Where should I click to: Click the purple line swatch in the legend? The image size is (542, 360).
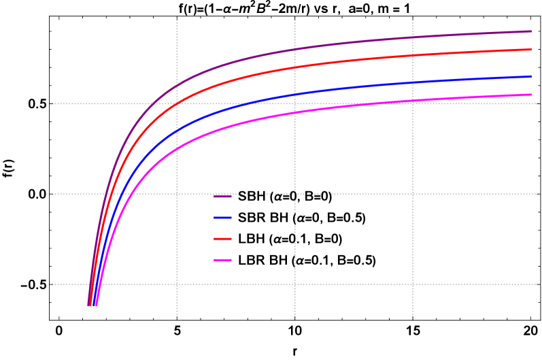(222, 197)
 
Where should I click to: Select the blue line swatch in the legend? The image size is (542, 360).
(222, 218)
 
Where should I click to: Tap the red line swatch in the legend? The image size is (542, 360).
(222, 239)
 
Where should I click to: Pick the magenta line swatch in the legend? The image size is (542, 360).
(222, 260)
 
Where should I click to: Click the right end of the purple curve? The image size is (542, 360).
(531, 31)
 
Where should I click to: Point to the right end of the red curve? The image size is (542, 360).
(531, 50)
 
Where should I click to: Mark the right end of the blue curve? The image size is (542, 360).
(531, 77)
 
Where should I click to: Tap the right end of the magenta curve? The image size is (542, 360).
(531, 95)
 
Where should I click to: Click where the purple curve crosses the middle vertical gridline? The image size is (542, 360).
(294, 50)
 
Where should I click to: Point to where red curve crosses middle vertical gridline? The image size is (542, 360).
(294, 67)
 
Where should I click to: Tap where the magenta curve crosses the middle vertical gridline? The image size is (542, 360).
(294, 112)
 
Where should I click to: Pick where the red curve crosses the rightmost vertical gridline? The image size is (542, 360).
(413, 56)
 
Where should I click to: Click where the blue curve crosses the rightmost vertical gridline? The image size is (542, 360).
(413, 83)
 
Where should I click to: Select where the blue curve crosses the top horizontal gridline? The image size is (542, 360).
(250, 104)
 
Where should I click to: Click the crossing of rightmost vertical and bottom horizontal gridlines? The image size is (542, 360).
(413, 284)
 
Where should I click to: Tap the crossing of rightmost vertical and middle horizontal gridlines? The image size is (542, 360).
(413, 194)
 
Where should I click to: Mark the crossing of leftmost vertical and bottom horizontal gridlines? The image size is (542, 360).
(177, 284)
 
